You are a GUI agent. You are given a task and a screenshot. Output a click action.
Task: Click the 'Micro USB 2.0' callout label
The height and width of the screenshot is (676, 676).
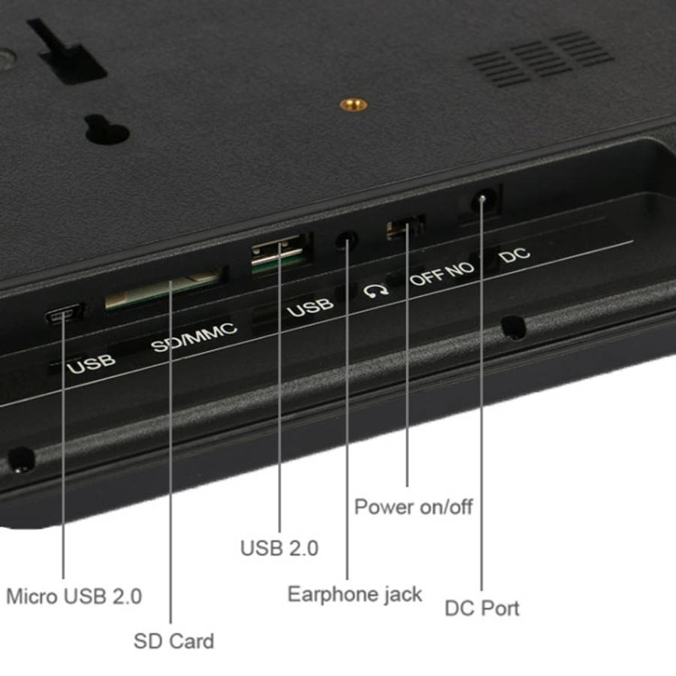click(74, 596)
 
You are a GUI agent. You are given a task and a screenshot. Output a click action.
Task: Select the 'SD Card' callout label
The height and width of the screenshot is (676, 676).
click(174, 641)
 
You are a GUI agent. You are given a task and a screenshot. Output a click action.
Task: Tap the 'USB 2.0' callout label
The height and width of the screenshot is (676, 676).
click(279, 548)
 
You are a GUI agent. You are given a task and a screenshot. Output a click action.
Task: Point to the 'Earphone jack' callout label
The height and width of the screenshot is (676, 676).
click(355, 595)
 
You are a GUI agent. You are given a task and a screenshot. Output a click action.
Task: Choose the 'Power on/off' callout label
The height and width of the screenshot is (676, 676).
click(413, 507)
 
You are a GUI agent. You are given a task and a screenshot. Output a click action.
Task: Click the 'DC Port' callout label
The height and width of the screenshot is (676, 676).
click(482, 608)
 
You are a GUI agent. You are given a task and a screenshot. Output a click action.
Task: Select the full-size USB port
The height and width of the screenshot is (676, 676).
click(279, 254)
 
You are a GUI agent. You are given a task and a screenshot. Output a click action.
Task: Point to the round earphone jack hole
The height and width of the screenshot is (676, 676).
click(346, 240)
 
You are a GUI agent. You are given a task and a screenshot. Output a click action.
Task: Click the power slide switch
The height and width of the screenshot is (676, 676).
click(406, 228)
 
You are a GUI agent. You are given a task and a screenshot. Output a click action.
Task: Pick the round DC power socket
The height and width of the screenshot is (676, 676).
click(484, 200)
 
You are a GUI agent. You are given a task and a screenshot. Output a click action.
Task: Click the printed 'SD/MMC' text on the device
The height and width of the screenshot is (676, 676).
click(194, 337)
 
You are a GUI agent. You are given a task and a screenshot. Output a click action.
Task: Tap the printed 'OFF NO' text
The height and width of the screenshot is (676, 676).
click(442, 274)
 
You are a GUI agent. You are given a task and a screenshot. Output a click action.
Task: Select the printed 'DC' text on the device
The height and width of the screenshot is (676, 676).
click(514, 255)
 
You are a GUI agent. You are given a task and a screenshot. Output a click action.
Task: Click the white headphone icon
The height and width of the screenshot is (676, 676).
click(376, 292)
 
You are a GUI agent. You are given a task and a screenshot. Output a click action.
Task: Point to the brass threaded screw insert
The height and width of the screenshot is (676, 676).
click(353, 104)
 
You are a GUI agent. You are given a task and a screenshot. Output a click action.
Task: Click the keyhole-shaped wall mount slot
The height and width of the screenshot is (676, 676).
click(107, 129)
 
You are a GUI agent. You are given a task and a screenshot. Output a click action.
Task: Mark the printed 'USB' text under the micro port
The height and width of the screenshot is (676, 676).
click(91, 364)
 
